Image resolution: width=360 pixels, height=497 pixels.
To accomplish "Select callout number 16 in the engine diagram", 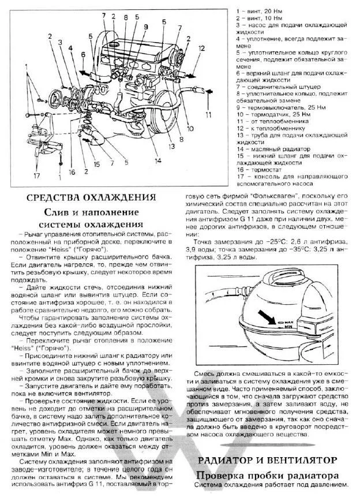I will coord(72,171).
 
